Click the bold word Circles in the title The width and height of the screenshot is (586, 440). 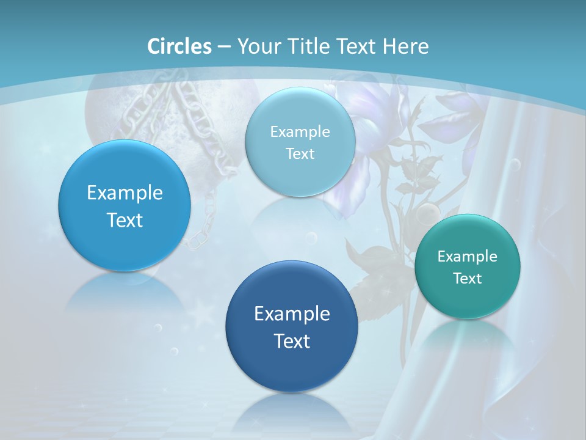coord(179,46)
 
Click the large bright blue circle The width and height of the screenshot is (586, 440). coord(125,238)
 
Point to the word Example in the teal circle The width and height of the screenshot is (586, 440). coord(468,256)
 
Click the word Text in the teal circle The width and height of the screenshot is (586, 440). coord(468,279)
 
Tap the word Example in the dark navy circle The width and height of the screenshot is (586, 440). coord(292,314)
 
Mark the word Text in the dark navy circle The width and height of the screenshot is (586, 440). coord(292,341)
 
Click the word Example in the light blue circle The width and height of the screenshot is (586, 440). coord(300,131)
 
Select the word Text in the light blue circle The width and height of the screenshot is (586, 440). coord(300,154)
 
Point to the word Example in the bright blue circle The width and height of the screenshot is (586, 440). coord(125,193)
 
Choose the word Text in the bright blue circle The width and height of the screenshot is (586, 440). coord(125,220)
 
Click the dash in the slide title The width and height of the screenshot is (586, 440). coord(224,46)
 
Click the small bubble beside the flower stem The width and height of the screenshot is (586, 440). coord(427,214)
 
